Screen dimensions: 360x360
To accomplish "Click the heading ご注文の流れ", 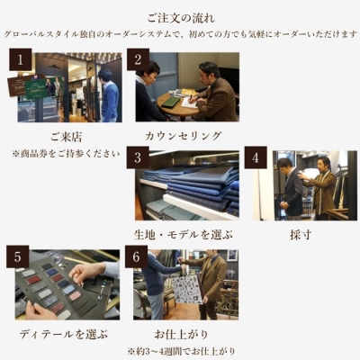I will [180, 16].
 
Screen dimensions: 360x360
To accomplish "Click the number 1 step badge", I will [19, 61].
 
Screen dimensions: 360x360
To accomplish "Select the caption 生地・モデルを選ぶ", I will [184, 234].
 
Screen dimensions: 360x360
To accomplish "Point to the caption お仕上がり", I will [184, 334].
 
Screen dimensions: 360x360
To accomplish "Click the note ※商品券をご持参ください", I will [65, 153].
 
